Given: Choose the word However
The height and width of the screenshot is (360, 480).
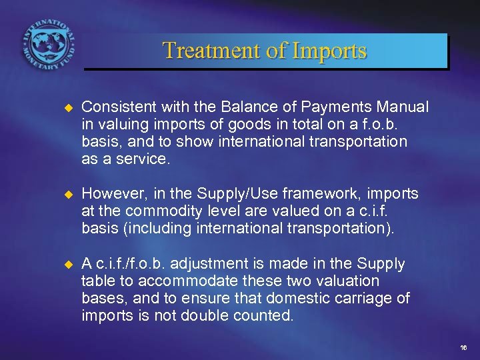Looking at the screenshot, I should tap(111, 194).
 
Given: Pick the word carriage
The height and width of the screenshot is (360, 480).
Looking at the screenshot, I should tap(363, 299).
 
